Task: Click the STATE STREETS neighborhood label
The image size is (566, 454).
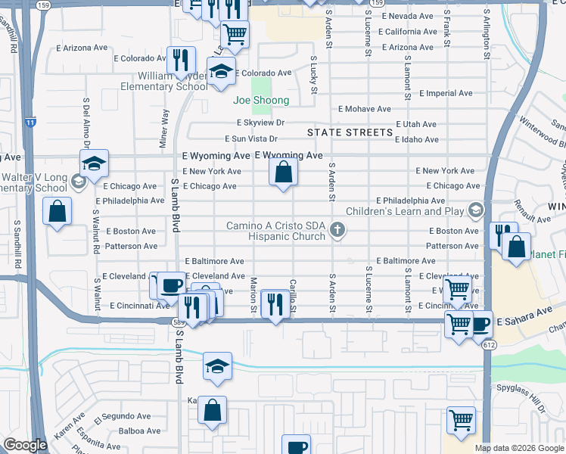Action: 350,132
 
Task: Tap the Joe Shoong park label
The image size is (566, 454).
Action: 260,101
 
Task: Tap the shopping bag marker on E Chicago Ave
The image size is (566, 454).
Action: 283,173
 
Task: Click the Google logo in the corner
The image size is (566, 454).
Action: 25,445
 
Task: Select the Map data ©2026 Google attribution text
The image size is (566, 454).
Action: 519,448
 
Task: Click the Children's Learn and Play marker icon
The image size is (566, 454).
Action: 475,209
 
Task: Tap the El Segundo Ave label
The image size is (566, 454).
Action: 123,416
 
